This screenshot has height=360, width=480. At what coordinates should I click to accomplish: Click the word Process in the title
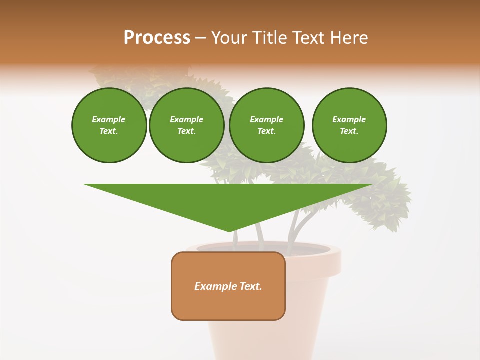(x=157, y=38)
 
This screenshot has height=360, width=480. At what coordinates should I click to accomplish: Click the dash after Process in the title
(x=200, y=38)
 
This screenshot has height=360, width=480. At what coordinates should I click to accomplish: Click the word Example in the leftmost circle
(x=109, y=119)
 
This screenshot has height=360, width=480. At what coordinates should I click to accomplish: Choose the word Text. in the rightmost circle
(x=349, y=131)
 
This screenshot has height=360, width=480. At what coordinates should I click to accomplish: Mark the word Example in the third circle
(x=266, y=119)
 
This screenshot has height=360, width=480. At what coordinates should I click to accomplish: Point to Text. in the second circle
(x=187, y=131)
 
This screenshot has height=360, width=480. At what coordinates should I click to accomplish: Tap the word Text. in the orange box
(x=251, y=286)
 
